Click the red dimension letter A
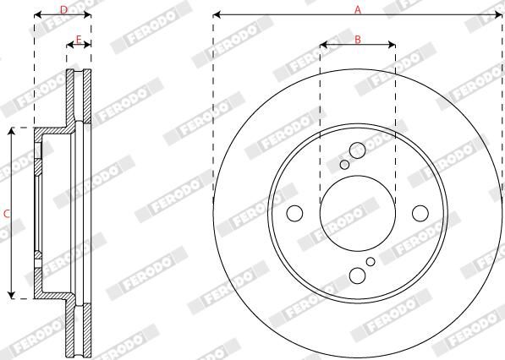[358, 10]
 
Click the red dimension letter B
[358, 40]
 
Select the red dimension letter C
[7, 214]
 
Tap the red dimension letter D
[63, 10]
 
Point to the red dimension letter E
[79, 40]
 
